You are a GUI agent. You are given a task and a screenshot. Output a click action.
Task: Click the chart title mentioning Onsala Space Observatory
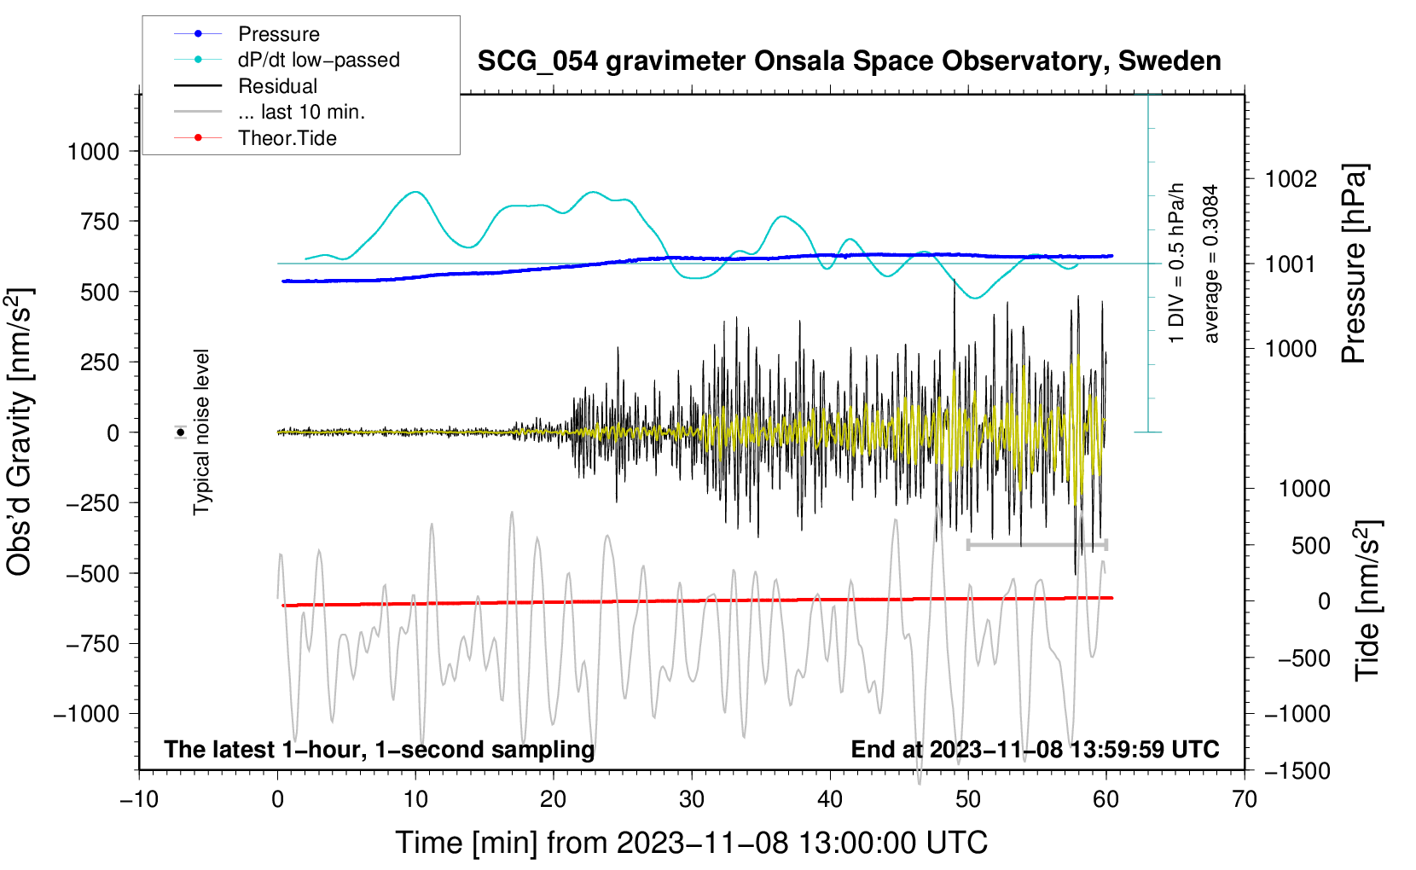point(849,61)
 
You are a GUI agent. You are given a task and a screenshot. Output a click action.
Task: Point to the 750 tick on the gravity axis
point(99,222)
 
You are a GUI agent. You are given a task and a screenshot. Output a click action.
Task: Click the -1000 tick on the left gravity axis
point(87,714)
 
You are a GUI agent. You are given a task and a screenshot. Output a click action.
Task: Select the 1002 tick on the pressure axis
point(1291,180)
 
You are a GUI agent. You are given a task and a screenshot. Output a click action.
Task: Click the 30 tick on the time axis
point(692,800)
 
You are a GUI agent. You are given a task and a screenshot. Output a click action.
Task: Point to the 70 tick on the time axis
point(1244,800)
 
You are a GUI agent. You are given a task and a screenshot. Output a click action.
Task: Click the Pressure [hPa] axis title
point(1354,264)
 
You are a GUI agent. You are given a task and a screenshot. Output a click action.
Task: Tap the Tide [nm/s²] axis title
point(1368,600)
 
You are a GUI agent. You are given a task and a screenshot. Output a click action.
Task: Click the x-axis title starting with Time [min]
point(692,843)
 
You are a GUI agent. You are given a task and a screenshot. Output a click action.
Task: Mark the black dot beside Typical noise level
point(181,432)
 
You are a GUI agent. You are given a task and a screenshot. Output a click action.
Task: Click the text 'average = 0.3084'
point(1210,264)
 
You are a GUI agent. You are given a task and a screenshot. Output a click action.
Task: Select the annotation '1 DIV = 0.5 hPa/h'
point(1175,264)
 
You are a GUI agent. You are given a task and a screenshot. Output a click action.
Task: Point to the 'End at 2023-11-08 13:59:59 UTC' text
point(1035,749)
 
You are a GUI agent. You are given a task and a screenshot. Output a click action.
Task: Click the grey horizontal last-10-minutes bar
point(1036,545)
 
